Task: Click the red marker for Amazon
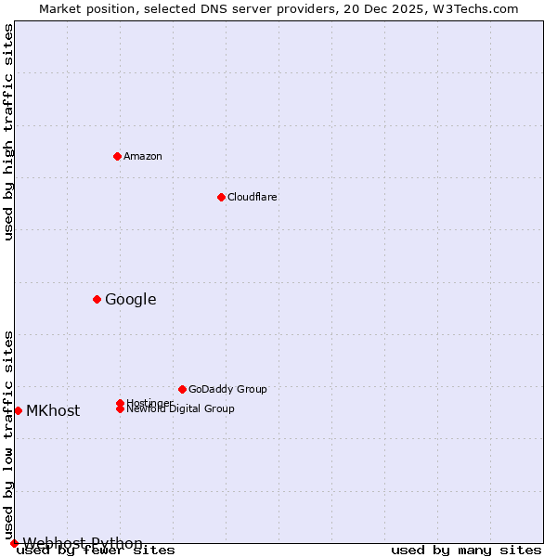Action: point(117,156)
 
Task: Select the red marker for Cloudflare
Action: point(221,197)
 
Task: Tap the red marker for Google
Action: point(97,299)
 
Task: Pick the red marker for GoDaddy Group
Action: point(182,389)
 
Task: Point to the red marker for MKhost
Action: point(18,410)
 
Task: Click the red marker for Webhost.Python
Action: point(14,543)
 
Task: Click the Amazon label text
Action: point(143,156)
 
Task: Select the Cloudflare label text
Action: point(253,197)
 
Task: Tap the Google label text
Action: point(131,299)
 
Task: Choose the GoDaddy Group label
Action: point(227,389)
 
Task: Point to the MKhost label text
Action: point(53,410)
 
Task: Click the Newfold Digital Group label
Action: point(180,408)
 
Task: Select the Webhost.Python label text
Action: point(83,543)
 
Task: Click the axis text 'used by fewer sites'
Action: point(96,551)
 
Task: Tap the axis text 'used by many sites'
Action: point(466,551)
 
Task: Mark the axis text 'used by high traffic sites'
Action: point(8,132)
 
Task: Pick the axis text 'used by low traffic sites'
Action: point(8,434)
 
